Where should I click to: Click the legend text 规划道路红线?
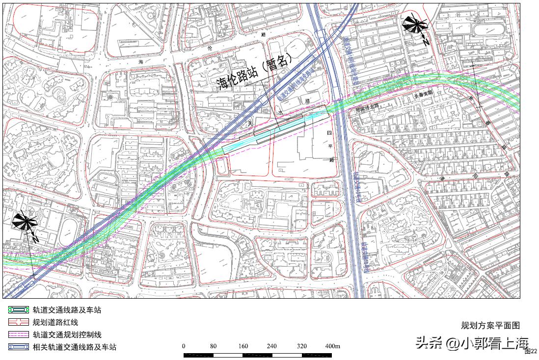coord(55,322)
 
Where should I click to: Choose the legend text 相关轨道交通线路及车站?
coord(74,347)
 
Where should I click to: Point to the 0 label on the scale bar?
coord(184,346)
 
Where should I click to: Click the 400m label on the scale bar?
coord(333,346)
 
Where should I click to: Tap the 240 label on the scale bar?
coord(271,346)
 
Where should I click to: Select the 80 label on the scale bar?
coord(213,346)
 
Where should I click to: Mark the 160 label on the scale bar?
coord(243,346)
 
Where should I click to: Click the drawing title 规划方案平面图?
coord(490,325)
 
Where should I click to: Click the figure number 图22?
coord(531,351)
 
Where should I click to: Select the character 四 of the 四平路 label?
coord(330,133)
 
